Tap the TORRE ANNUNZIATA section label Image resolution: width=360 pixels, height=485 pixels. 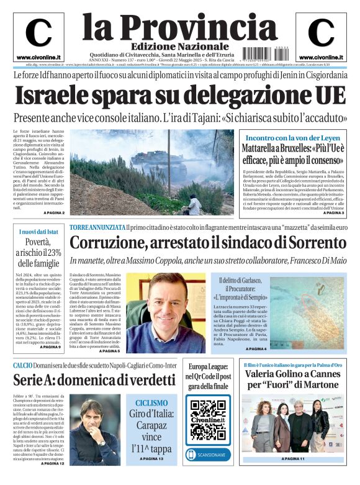click(x=96, y=228)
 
